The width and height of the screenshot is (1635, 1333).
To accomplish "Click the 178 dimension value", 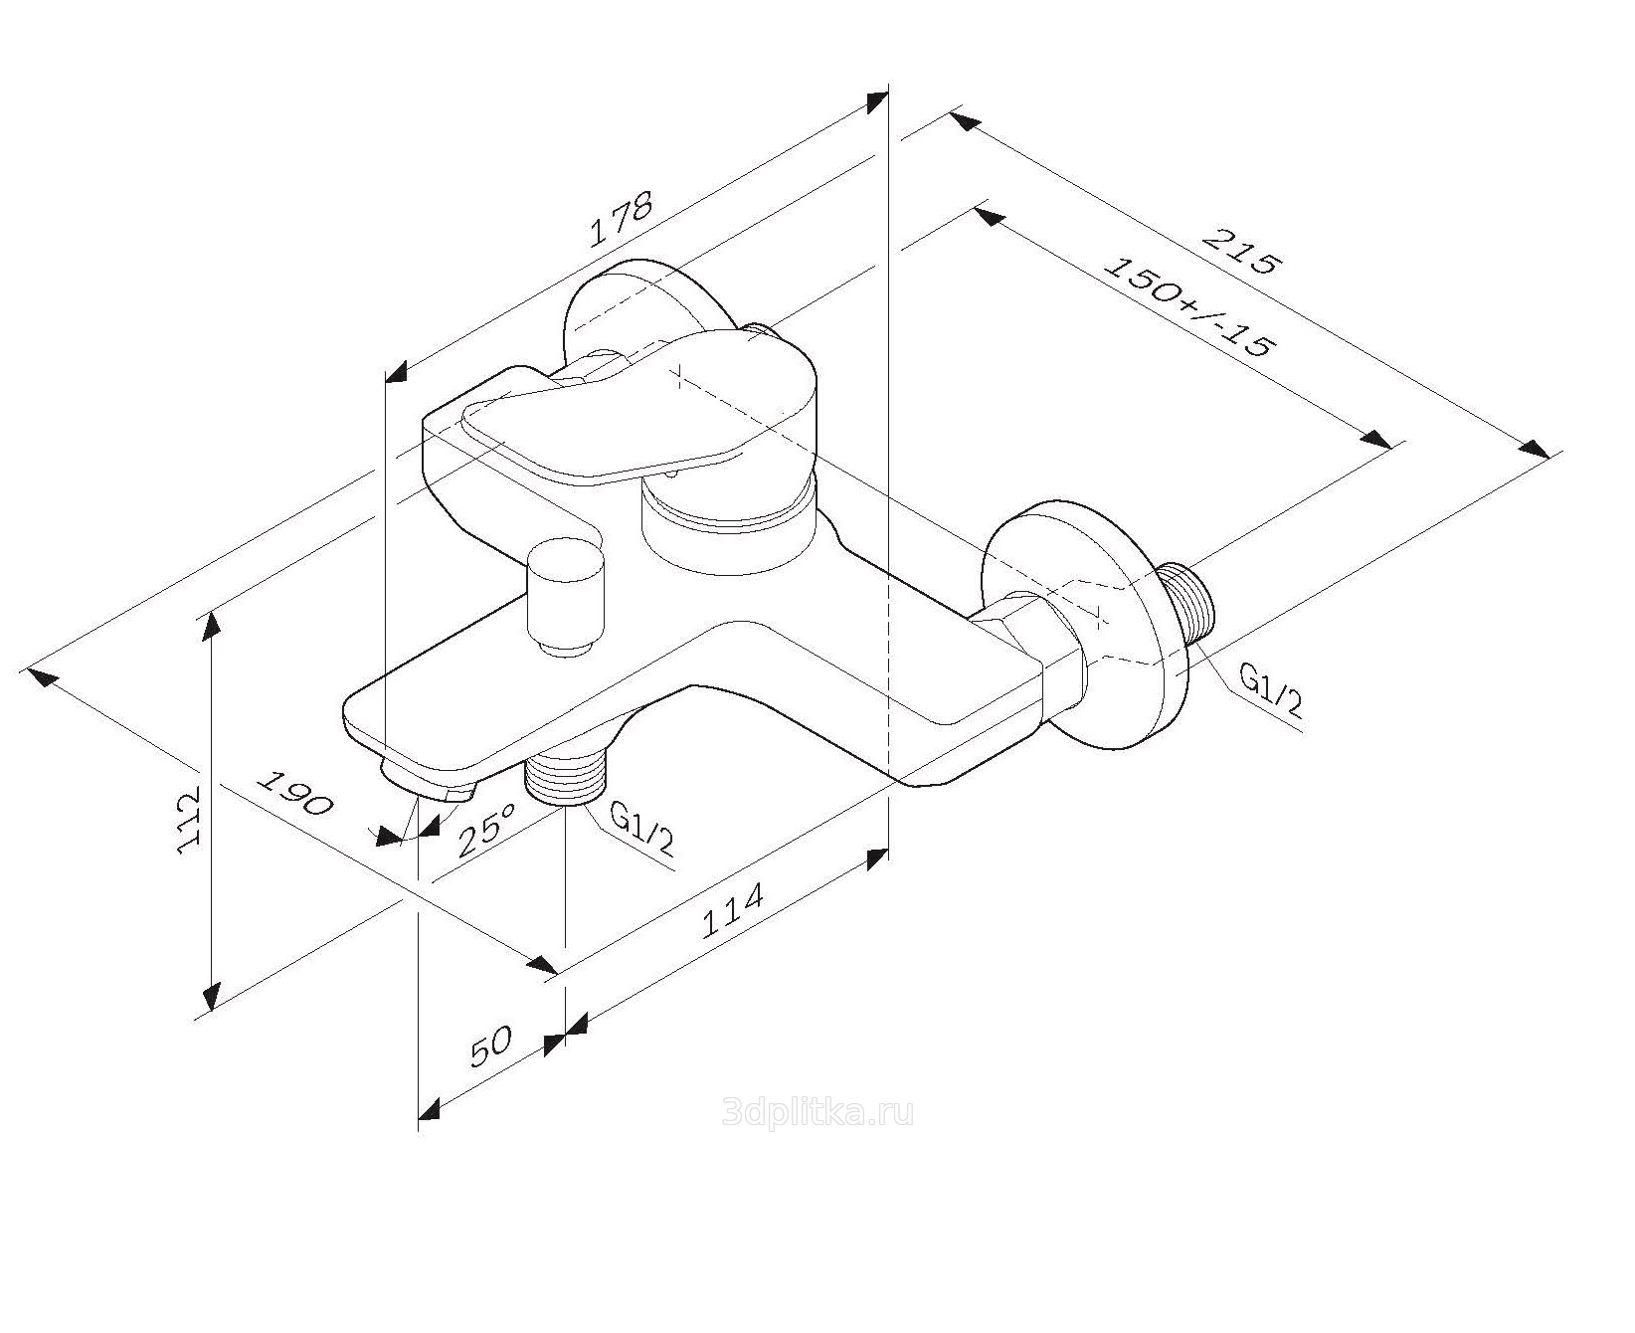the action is (x=621, y=218).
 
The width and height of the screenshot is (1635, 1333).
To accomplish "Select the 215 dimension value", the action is (x=1238, y=251).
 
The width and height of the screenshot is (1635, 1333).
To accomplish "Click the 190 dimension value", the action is (x=295, y=791).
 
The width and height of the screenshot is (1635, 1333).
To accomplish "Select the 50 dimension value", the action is (x=489, y=1047).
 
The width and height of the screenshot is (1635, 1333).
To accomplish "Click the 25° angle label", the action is (x=487, y=829).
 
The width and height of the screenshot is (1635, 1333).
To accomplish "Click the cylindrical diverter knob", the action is (x=566, y=598).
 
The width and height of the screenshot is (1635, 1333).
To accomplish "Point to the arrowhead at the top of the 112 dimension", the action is (x=211, y=627).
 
